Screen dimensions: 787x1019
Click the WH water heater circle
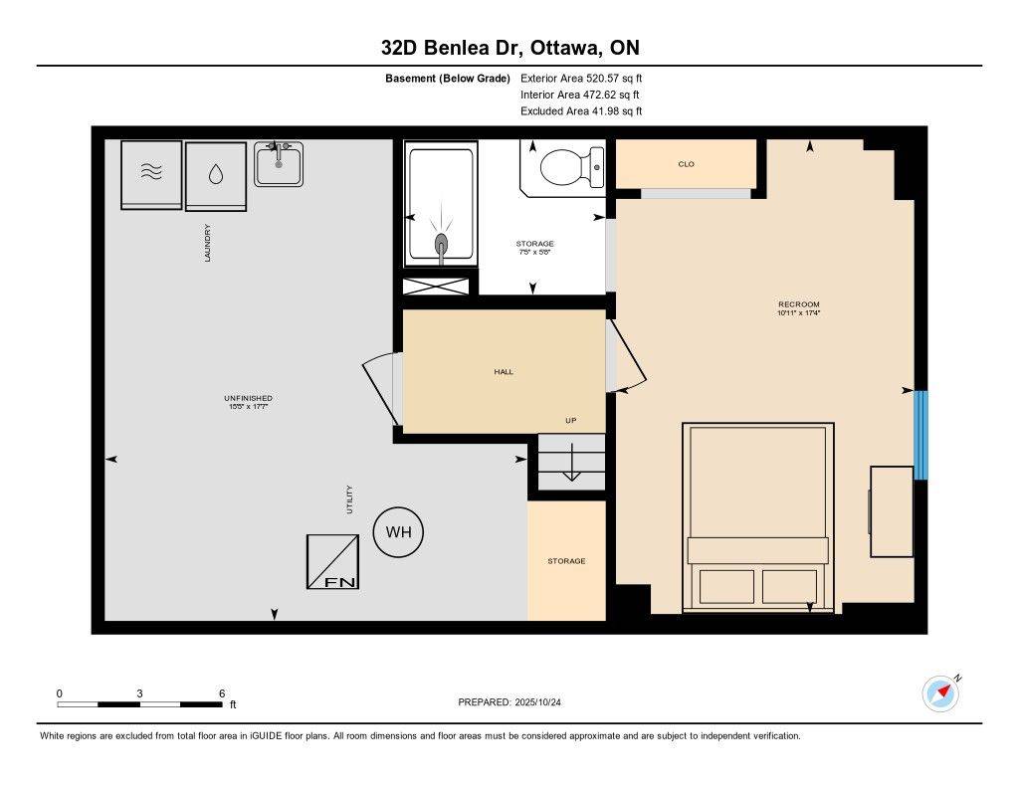(x=398, y=532)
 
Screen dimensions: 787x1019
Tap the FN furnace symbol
(x=332, y=561)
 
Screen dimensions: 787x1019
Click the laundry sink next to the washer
(x=279, y=164)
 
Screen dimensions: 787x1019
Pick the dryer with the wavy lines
(x=151, y=174)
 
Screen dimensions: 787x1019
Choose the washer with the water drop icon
(x=216, y=175)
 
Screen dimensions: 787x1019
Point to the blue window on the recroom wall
(x=920, y=435)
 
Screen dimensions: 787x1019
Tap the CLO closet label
(x=686, y=164)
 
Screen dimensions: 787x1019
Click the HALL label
(x=504, y=372)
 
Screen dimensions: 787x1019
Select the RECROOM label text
(x=799, y=304)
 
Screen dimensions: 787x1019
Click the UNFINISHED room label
(x=248, y=398)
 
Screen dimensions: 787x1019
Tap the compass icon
(x=940, y=693)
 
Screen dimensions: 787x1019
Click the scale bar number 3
(x=140, y=693)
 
